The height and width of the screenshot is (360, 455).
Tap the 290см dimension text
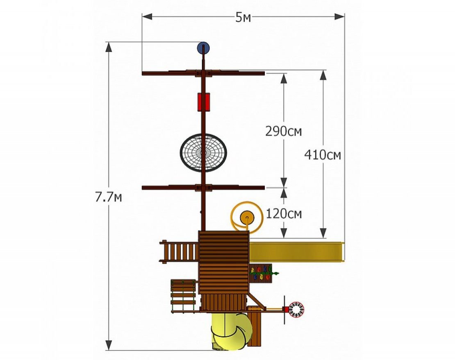point(284,131)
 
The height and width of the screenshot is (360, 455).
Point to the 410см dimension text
point(322,155)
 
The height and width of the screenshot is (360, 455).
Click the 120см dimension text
point(284,213)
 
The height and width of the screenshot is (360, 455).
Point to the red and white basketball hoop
point(295,310)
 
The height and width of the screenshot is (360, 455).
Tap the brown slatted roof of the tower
point(223,262)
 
